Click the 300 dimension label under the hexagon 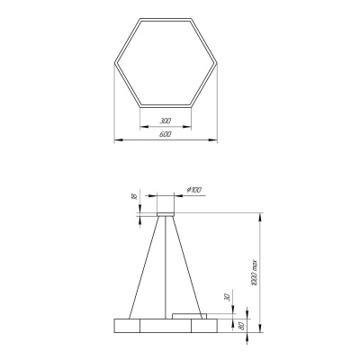point(165,120)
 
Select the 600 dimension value point(165,134)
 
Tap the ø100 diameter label point(193,189)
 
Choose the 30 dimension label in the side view point(227,299)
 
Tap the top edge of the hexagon point(165,17)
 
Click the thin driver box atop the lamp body point(189,315)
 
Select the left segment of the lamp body point(126,325)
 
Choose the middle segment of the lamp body point(165,325)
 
